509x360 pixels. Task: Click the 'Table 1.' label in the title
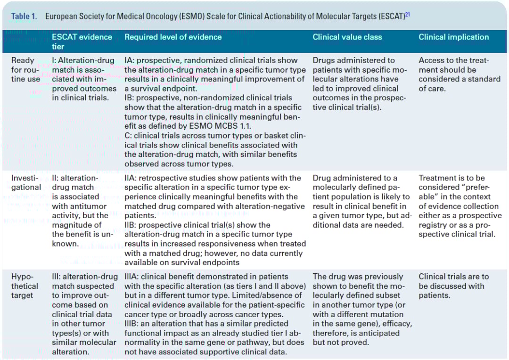24,16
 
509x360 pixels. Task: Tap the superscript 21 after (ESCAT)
408,14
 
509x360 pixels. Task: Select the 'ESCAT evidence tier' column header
82,41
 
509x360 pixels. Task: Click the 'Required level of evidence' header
173,37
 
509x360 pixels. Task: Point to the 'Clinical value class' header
347,37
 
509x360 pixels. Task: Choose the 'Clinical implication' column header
453,37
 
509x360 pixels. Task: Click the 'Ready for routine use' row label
25,69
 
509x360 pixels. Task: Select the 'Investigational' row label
25,182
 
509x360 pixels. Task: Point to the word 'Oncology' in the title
160,16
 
